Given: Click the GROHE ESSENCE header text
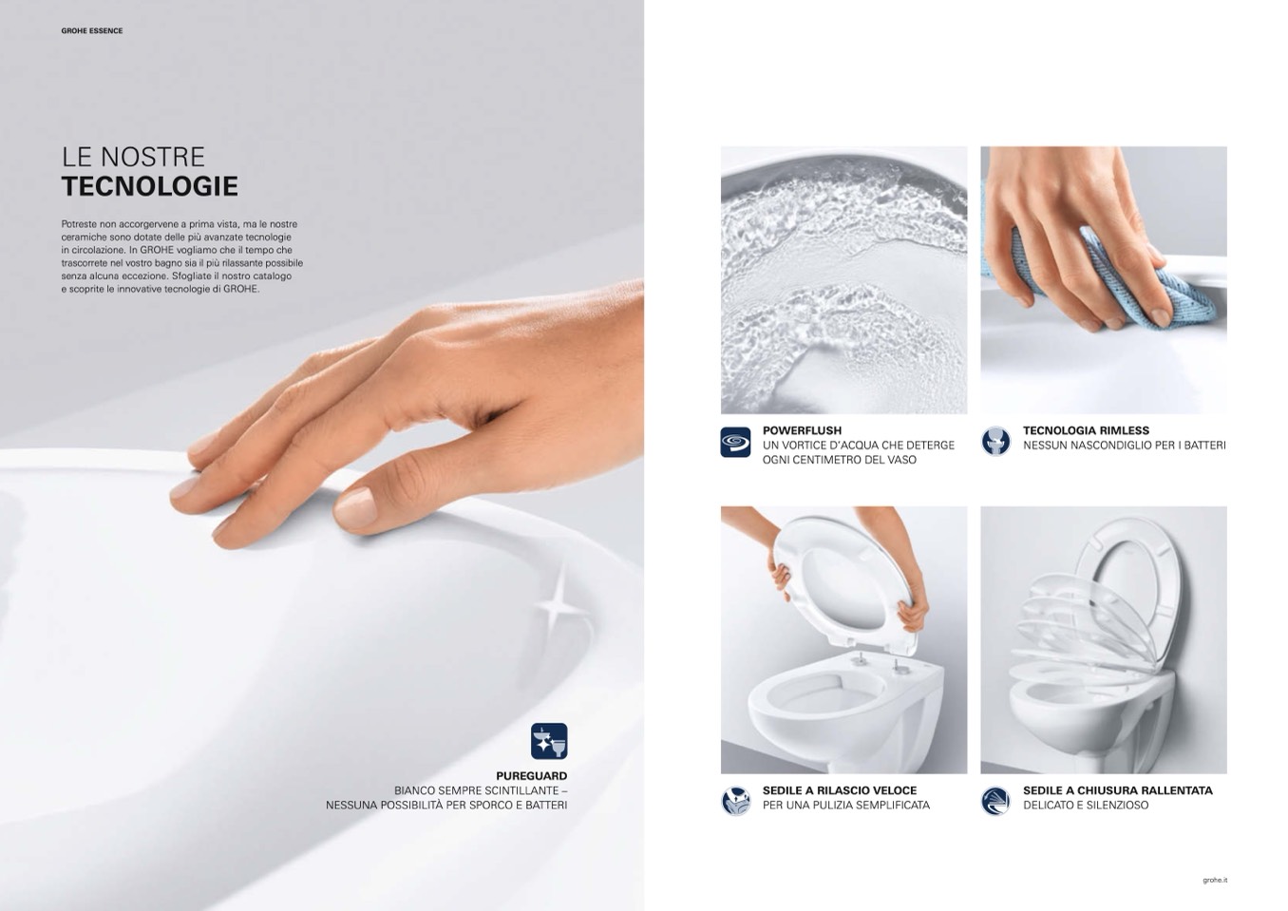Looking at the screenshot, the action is point(92,31).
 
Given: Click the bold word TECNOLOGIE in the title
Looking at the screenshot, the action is point(149,186).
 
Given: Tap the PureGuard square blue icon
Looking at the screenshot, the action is point(549,741).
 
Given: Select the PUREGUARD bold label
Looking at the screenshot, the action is point(531,776).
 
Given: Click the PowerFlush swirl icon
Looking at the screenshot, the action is point(735,443).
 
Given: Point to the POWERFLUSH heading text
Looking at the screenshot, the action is point(802,430).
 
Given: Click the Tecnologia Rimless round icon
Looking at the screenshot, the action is point(995,442).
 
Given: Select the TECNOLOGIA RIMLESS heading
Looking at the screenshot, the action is point(1086,430).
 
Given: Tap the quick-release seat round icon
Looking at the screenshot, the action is point(735,801).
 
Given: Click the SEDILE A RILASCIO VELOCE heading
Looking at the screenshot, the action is point(840,790).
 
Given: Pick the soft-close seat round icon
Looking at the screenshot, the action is point(995,801).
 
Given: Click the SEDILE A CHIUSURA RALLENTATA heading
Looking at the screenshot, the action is point(1117,790).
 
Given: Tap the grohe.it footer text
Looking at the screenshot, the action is point(1215,881).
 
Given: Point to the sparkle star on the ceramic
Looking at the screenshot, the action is point(556,604).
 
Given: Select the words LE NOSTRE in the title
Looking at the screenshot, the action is point(133,157).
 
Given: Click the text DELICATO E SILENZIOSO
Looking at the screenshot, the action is point(1086,806).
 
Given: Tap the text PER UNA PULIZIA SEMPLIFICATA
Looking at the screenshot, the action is point(845,806).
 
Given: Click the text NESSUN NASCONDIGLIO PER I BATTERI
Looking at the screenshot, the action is point(1124,446).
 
